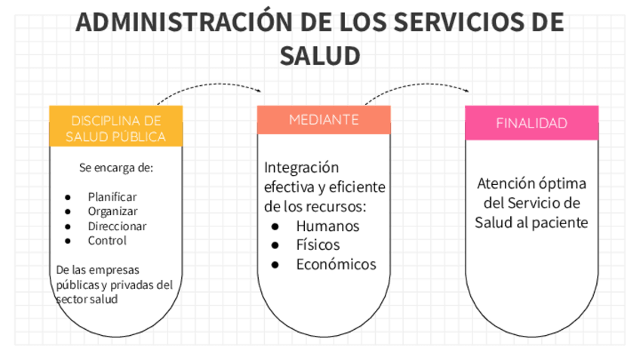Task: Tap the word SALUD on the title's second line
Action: click(320, 55)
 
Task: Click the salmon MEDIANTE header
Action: click(324, 120)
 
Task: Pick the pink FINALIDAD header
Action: click(531, 123)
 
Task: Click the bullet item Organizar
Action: click(112, 211)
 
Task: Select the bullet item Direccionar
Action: click(117, 226)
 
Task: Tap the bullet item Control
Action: click(107, 241)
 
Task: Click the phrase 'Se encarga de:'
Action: click(115, 168)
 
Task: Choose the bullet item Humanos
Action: click(328, 226)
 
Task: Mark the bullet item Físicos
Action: click(318, 245)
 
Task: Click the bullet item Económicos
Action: click(336, 264)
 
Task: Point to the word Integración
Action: click(302, 167)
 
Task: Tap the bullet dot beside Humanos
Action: click(275, 226)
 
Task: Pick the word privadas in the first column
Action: click(132, 285)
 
